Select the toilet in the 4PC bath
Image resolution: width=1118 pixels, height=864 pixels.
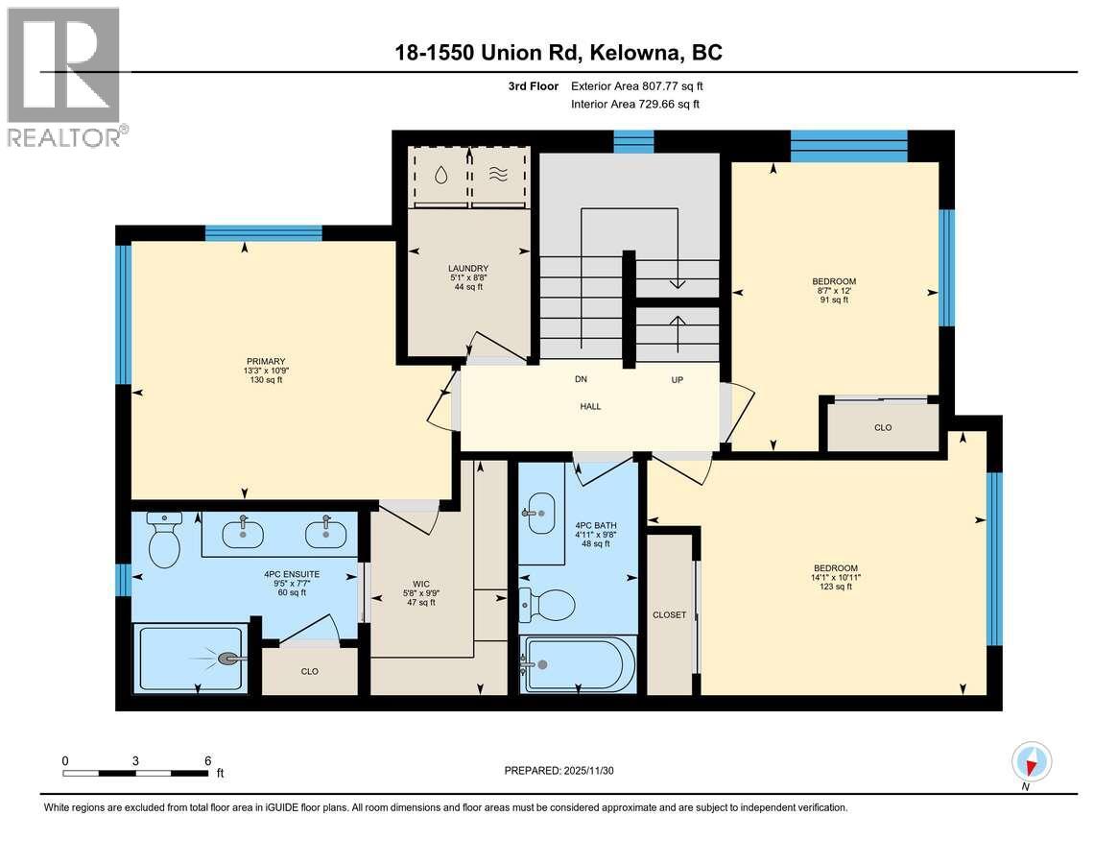pyautogui.click(x=548, y=605)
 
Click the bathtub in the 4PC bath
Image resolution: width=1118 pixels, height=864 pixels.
pyautogui.click(x=577, y=663)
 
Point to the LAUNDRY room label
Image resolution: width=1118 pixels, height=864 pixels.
pyautogui.click(x=468, y=268)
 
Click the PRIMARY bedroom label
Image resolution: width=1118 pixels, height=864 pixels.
pyautogui.click(x=264, y=361)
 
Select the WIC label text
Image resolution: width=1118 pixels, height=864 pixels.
pyautogui.click(x=420, y=583)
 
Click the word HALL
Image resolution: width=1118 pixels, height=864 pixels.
pyautogui.click(x=590, y=406)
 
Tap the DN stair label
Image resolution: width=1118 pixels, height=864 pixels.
pyautogui.click(x=581, y=379)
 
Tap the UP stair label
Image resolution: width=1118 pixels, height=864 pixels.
pyautogui.click(x=677, y=379)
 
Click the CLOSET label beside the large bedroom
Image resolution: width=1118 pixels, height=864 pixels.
pyautogui.click(x=669, y=614)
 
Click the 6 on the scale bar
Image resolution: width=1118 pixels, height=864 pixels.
pyautogui.click(x=207, y=760)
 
